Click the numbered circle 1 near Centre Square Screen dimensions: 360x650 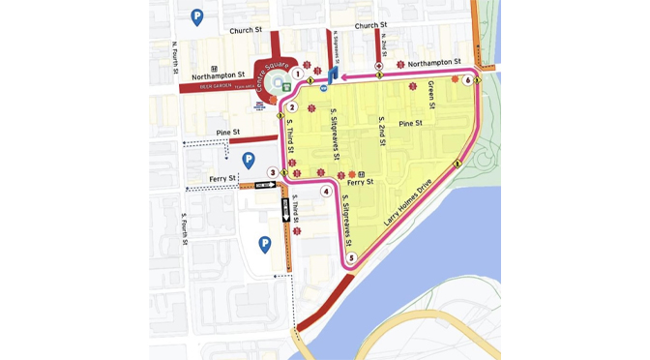298,74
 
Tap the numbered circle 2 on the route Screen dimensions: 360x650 292,107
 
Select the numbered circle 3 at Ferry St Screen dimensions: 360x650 273,172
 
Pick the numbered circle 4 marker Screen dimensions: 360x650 327,192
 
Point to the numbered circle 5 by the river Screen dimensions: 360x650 352,257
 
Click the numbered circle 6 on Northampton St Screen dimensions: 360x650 467,80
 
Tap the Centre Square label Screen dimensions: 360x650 266,71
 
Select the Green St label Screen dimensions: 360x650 431,95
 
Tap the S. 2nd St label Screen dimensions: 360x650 381,130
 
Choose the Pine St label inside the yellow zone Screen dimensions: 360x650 410,124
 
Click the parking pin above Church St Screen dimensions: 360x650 197,16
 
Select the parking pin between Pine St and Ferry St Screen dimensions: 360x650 248,160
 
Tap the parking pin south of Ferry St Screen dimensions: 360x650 264,244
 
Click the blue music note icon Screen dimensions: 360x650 333,75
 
